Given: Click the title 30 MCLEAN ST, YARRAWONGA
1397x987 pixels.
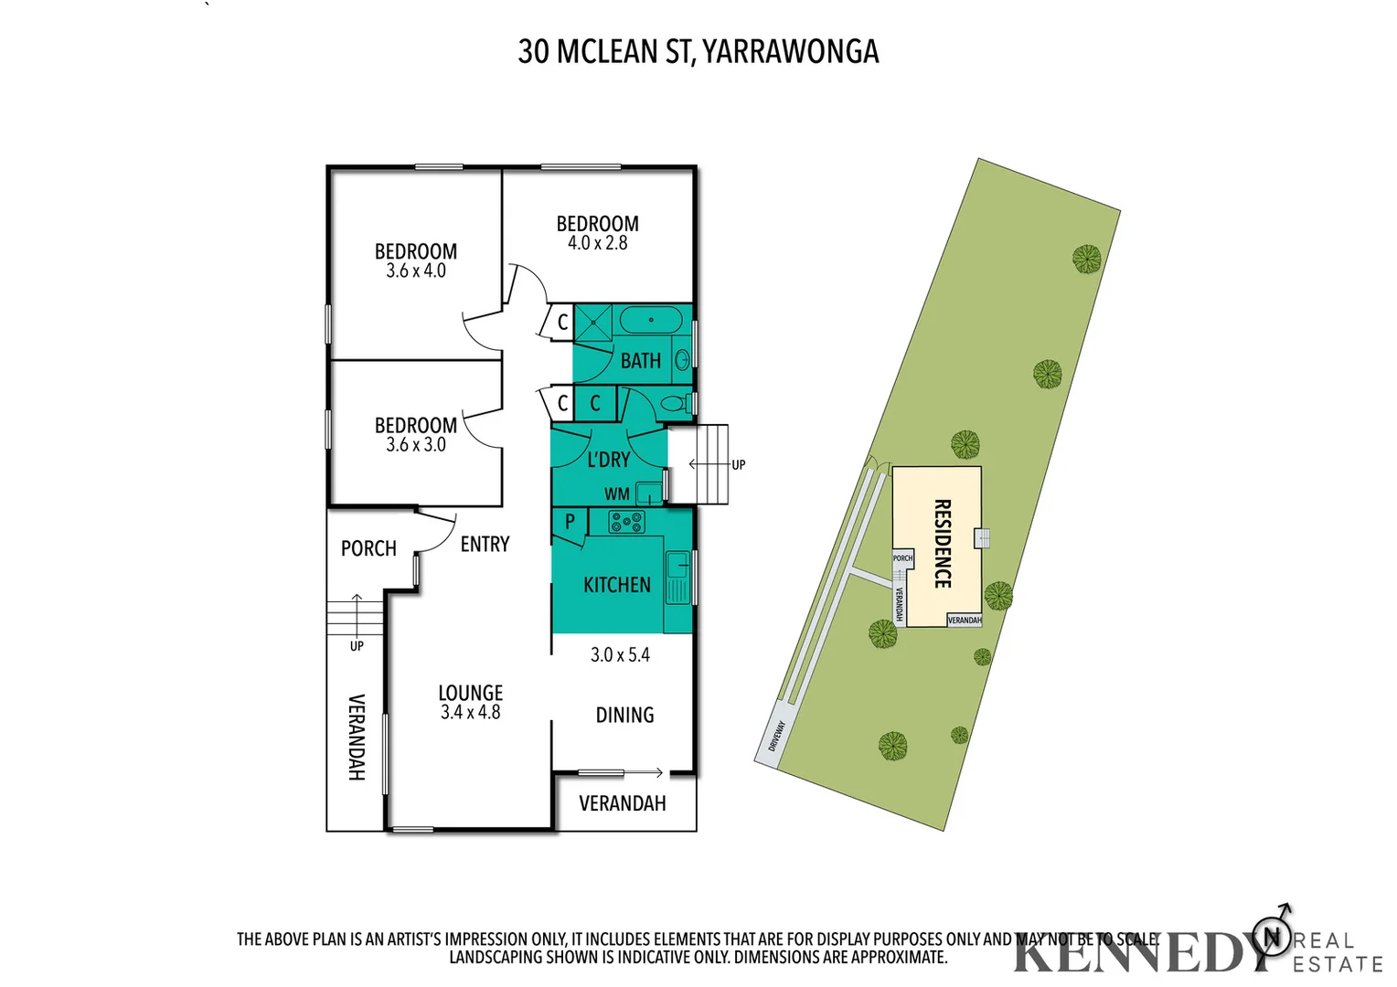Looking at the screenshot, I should pyautogui.click(x=698, y=51).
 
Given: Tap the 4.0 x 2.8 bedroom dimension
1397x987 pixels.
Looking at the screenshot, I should pyautogui.click(x=597, y=243).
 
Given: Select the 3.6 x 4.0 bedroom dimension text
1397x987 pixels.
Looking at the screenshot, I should pyautogui.click(x=415, y=271).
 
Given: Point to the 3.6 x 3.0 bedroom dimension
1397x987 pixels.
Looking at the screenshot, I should pyautogui.click(x=415, y=445).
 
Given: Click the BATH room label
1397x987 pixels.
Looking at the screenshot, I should pyautogui.click(x=640, y=361).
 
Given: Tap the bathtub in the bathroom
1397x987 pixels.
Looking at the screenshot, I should pyautogui.click(x=650, y=321).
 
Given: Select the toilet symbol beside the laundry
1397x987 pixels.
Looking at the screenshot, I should pyautogui.click(x=674, y=403).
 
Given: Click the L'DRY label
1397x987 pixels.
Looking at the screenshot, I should pyautogui.click(x=608, y=460).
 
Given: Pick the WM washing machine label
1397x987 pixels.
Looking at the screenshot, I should pyautogui.click(x=616, y=494).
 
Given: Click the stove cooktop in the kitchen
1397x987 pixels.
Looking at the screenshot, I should pyautogui.click(x=626, y=523).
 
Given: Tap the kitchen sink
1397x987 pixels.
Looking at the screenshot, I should pyautogui.click(x=677, y=578).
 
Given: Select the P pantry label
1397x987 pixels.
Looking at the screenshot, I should pyautogui.click(x=570, y=522).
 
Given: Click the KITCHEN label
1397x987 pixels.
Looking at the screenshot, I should pyautogui.click(x=617, y=585).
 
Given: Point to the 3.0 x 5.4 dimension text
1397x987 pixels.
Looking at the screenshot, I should pyautogui.click(x=620, y=655).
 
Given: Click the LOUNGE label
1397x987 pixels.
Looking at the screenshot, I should pyautogui.click(x=470, y=693).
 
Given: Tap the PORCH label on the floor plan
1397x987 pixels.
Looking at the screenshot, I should pyautogui.click(x=368, y=548).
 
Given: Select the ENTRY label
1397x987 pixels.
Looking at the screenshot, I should pyautogui.click(x=485, y=545).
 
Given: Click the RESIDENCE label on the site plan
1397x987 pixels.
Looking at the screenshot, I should pyautogui.click(x=943, y=543).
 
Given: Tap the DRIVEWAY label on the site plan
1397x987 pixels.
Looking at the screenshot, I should pyautogui.click(x=776, y=736).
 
